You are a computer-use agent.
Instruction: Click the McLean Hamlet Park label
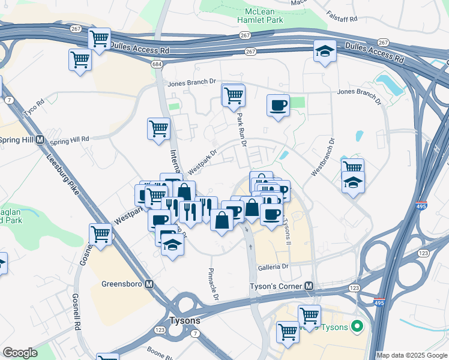[x=264, y=16]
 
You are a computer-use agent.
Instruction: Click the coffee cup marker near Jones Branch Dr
[x=278, y=106]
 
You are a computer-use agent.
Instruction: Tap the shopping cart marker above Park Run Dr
[x=233, y=95]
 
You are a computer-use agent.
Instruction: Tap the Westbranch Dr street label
[x=322, y=157]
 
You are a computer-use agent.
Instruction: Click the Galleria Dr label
[x=273, y=266]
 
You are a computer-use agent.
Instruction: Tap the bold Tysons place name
[x=185, y=320]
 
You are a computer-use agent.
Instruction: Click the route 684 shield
[x=157, y=64]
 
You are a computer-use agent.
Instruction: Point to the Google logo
[x=20, y=353]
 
